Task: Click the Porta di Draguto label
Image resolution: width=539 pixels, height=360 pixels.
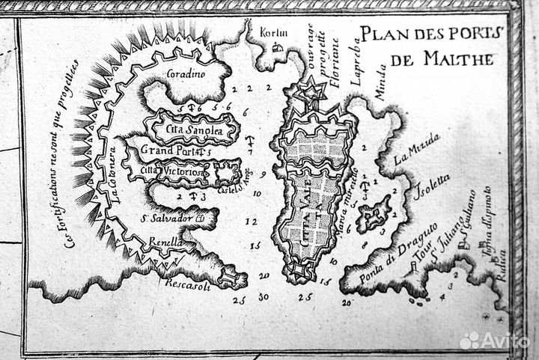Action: tap(389, 250)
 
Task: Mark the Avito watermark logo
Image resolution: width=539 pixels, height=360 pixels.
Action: tap(494, 341)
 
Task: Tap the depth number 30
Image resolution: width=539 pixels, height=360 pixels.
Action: tap(264, 297)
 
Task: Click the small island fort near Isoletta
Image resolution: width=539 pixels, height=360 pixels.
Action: tap(374, 213)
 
